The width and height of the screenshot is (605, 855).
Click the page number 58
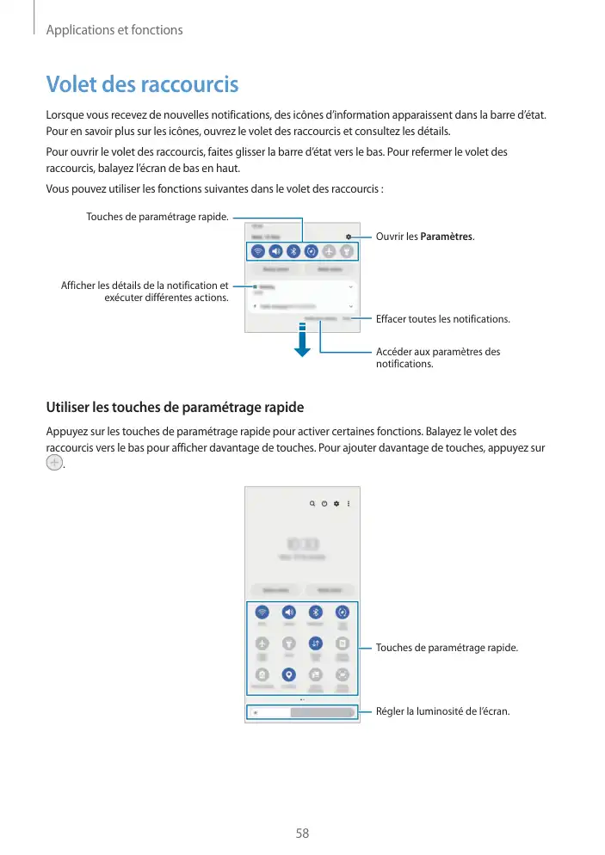302,833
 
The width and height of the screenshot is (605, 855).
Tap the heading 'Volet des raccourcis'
142,85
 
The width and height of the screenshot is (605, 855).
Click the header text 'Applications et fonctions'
114,30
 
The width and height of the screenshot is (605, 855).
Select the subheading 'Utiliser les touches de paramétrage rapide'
175,407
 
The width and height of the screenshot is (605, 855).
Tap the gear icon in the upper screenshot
349,236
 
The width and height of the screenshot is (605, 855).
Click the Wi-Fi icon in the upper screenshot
257,252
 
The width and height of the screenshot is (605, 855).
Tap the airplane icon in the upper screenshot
329,252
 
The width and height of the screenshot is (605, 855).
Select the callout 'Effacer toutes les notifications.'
442,319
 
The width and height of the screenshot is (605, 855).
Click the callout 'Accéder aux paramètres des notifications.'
438,358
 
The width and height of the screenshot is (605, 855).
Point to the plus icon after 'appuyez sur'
54,463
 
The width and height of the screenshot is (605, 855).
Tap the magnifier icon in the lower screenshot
311,504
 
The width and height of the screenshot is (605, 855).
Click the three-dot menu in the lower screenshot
349,504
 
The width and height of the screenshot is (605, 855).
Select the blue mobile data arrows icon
315,643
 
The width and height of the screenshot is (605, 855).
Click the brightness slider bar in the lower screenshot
301,712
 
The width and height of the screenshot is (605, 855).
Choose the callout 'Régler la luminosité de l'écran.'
442,711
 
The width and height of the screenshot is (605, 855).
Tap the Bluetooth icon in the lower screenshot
315,612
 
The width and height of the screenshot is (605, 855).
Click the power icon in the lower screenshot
324,504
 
